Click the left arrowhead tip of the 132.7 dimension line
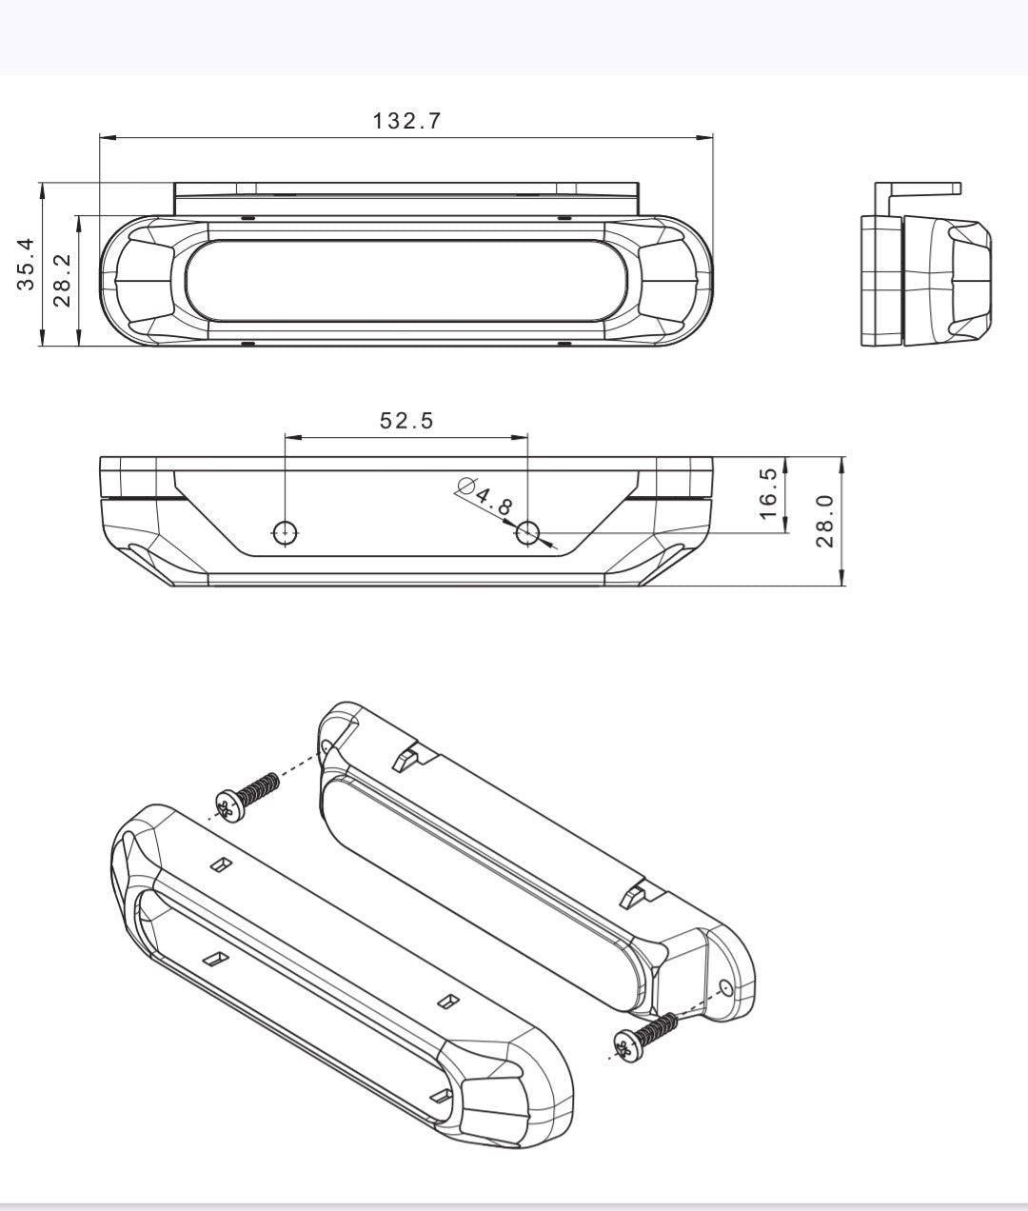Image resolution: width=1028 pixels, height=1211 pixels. [x=100, y=138]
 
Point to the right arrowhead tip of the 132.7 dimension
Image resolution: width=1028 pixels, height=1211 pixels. [x=713, y=138]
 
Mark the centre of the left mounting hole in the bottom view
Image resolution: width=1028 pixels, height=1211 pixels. [x=286, y=532]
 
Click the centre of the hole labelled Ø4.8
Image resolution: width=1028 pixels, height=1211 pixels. [x=527, y=532]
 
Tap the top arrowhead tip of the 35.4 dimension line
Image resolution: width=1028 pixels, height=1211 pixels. [x=42, y=183]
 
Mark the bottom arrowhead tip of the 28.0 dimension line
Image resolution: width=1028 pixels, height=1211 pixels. [x=841, y=585]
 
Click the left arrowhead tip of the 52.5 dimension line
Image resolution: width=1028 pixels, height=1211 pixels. [x=286, y=437]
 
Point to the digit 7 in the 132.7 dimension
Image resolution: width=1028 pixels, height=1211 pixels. [x=433, y=121]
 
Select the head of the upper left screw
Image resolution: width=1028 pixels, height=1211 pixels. [x=228, y=808]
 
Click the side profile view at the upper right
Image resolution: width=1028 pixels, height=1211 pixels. [x=925, y=265]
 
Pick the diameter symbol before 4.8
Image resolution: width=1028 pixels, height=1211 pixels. [x=466, y=486]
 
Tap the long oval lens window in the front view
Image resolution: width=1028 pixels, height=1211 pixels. [x=407, y=280]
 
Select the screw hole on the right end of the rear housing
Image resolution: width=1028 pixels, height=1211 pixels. [x=725, y=988]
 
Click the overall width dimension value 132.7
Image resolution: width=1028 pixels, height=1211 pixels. [x=406, y=121]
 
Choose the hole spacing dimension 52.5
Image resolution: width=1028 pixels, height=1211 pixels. [x=406, y=421]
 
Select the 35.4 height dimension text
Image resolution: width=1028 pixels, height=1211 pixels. [x=26, y=265]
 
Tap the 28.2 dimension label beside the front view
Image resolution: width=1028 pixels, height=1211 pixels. [x=62, y=281]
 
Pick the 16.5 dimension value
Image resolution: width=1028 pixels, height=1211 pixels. [x=768, y=493]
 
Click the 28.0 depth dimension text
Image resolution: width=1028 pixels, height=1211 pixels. [x=824, y=521]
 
